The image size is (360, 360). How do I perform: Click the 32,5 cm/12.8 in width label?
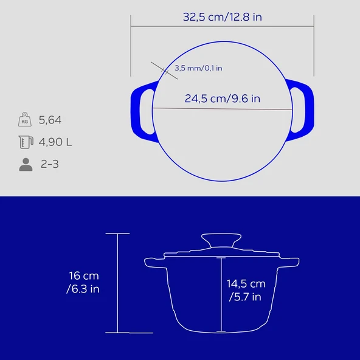click(223, 17)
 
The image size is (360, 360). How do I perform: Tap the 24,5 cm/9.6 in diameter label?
click(223, 98)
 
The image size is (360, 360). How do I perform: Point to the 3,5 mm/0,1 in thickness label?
click(198, 68)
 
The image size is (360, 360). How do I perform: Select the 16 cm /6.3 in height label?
click(83, 283)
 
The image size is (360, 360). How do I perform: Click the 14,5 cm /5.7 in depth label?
click(246, 290)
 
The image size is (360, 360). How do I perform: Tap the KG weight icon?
click(25, 120)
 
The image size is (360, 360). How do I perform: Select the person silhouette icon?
click(25, 164)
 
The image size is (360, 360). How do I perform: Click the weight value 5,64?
click(50, 120)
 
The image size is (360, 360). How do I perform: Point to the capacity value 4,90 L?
click(55, 142)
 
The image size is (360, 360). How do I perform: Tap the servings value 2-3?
click(50, 164)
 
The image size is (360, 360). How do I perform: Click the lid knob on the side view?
click(222, 240)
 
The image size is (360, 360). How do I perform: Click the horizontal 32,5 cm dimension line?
click(223, 26)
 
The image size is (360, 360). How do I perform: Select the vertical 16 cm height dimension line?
click(117, 283)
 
